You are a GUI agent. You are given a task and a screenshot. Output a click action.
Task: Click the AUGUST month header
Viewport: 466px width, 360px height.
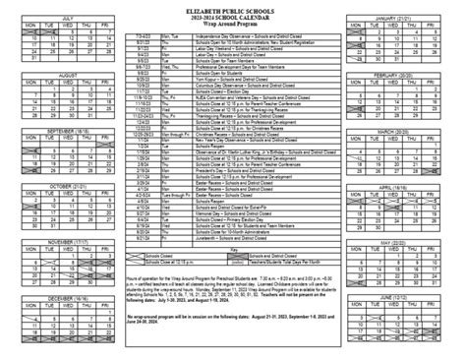coord(67,74)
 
